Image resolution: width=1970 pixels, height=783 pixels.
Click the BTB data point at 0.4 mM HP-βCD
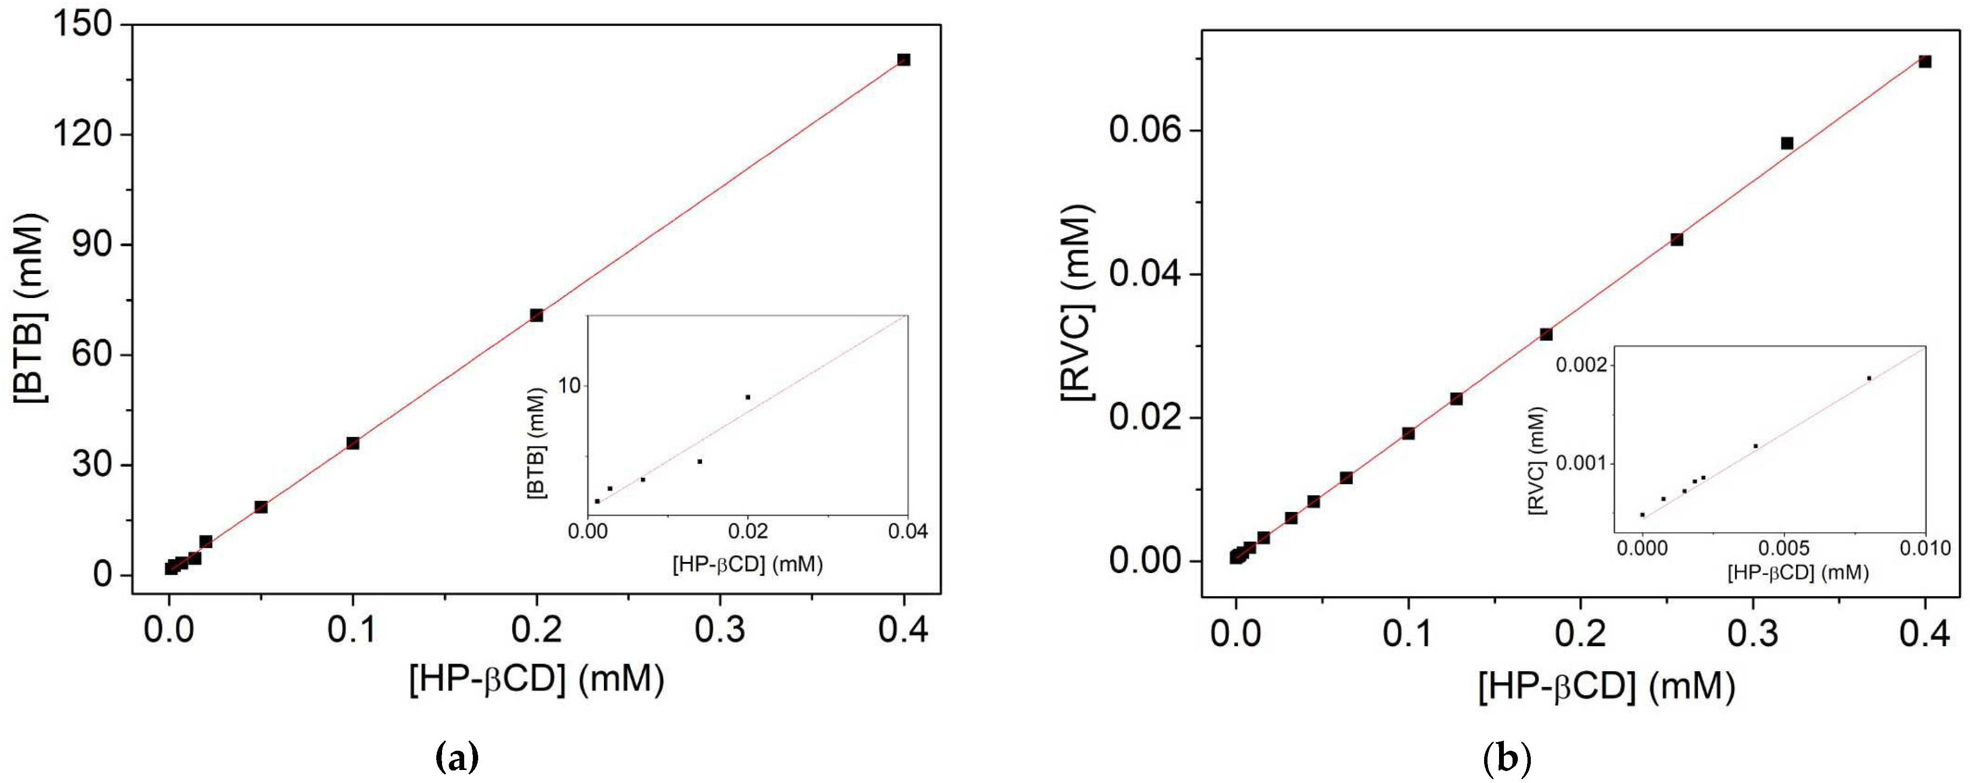903,60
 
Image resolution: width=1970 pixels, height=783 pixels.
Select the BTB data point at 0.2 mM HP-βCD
536,315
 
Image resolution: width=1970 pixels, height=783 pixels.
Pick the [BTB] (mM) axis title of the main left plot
31,308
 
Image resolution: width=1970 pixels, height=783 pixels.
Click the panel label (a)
457,758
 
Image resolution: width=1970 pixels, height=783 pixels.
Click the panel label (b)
1507,758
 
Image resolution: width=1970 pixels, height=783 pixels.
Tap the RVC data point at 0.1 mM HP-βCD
1408,433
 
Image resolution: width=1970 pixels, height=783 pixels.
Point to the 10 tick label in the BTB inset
569,385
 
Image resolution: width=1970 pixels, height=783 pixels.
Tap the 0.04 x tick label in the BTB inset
907,531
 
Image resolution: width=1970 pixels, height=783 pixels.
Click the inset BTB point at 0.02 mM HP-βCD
747,397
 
